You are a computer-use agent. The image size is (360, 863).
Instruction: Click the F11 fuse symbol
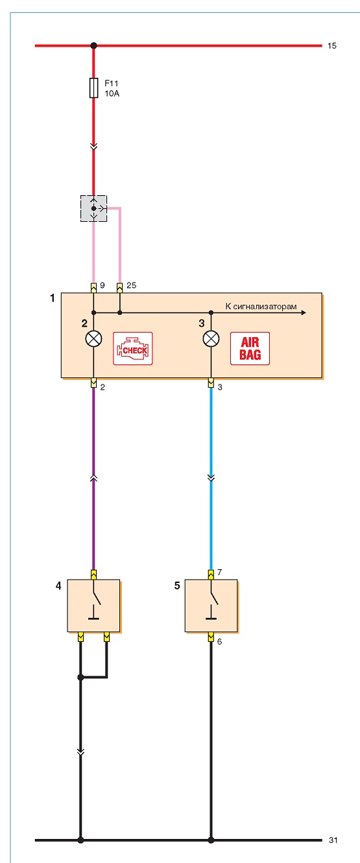tap(93, 88)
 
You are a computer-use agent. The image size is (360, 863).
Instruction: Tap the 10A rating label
tap(112, 93)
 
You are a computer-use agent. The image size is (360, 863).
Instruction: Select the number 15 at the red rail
tap(332, 46)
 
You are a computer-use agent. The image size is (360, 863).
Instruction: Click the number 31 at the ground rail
tap(333, 840)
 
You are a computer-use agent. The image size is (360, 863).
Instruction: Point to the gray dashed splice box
tap(93, 208)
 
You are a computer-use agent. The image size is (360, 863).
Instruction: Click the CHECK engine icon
tap(132, 349)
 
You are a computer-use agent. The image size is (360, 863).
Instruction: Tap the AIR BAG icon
tap(250, 349)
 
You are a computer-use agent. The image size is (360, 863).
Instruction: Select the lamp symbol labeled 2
tap(93, 339)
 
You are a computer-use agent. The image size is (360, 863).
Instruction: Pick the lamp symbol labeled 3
tap(211, 339)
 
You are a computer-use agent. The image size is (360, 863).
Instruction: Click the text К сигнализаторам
tap(261, 307)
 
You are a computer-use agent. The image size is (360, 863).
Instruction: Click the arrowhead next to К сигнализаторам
tap(304, 313)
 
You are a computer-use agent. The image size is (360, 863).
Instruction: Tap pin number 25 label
tap(132, 285)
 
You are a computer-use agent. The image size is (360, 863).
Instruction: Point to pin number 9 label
tap(102, 285)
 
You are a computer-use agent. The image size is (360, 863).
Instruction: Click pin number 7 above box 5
tap(219, 572)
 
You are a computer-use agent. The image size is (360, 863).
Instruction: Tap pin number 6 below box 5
tap(219, 641)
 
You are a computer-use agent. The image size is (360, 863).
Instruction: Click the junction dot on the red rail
tap(93, 46)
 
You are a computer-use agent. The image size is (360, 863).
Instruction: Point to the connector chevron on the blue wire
tap(211, 478)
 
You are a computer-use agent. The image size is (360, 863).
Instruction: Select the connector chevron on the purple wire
tap(93, 478)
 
